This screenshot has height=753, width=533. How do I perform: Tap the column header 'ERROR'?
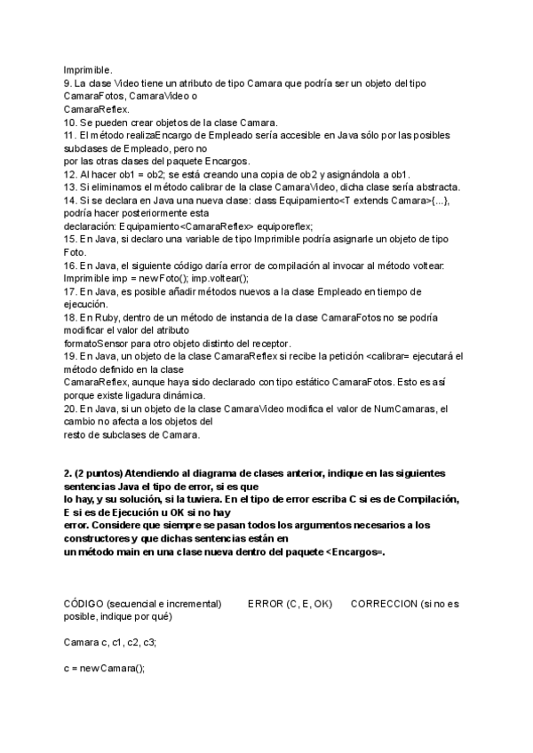pyautogui.click(x=266, y=604)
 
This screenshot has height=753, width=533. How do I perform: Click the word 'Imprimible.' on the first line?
pyautogui.click(x=88, y=69)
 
